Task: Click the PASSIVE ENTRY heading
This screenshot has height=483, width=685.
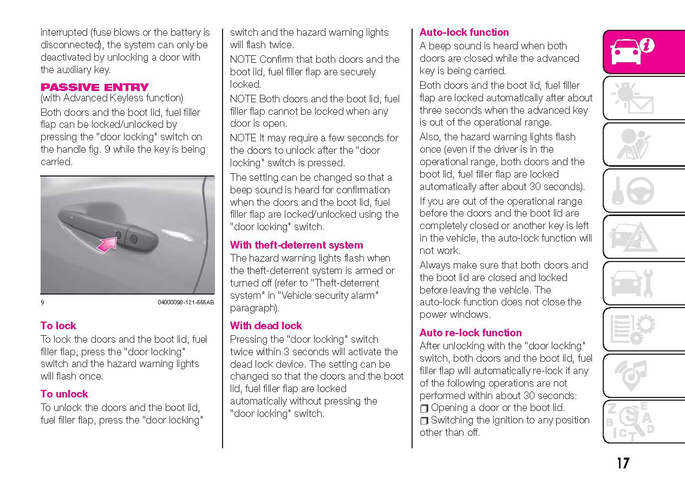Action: point(94,87)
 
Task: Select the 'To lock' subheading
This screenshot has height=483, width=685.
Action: point(58,325)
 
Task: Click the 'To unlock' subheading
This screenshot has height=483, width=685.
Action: point(64,394)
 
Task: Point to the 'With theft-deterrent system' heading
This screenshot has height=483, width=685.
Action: point(296,245)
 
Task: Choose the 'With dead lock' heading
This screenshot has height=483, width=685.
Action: point(266,325)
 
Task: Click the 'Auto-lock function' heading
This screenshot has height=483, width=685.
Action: point(464,32)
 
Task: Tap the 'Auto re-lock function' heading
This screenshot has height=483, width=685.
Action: point(471,332)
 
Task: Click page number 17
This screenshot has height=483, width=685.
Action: point(623,464)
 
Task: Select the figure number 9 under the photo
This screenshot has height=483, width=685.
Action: point(42,302)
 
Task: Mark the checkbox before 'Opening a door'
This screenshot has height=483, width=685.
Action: point(424,408)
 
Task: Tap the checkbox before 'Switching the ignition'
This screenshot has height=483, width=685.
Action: point(424,421)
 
